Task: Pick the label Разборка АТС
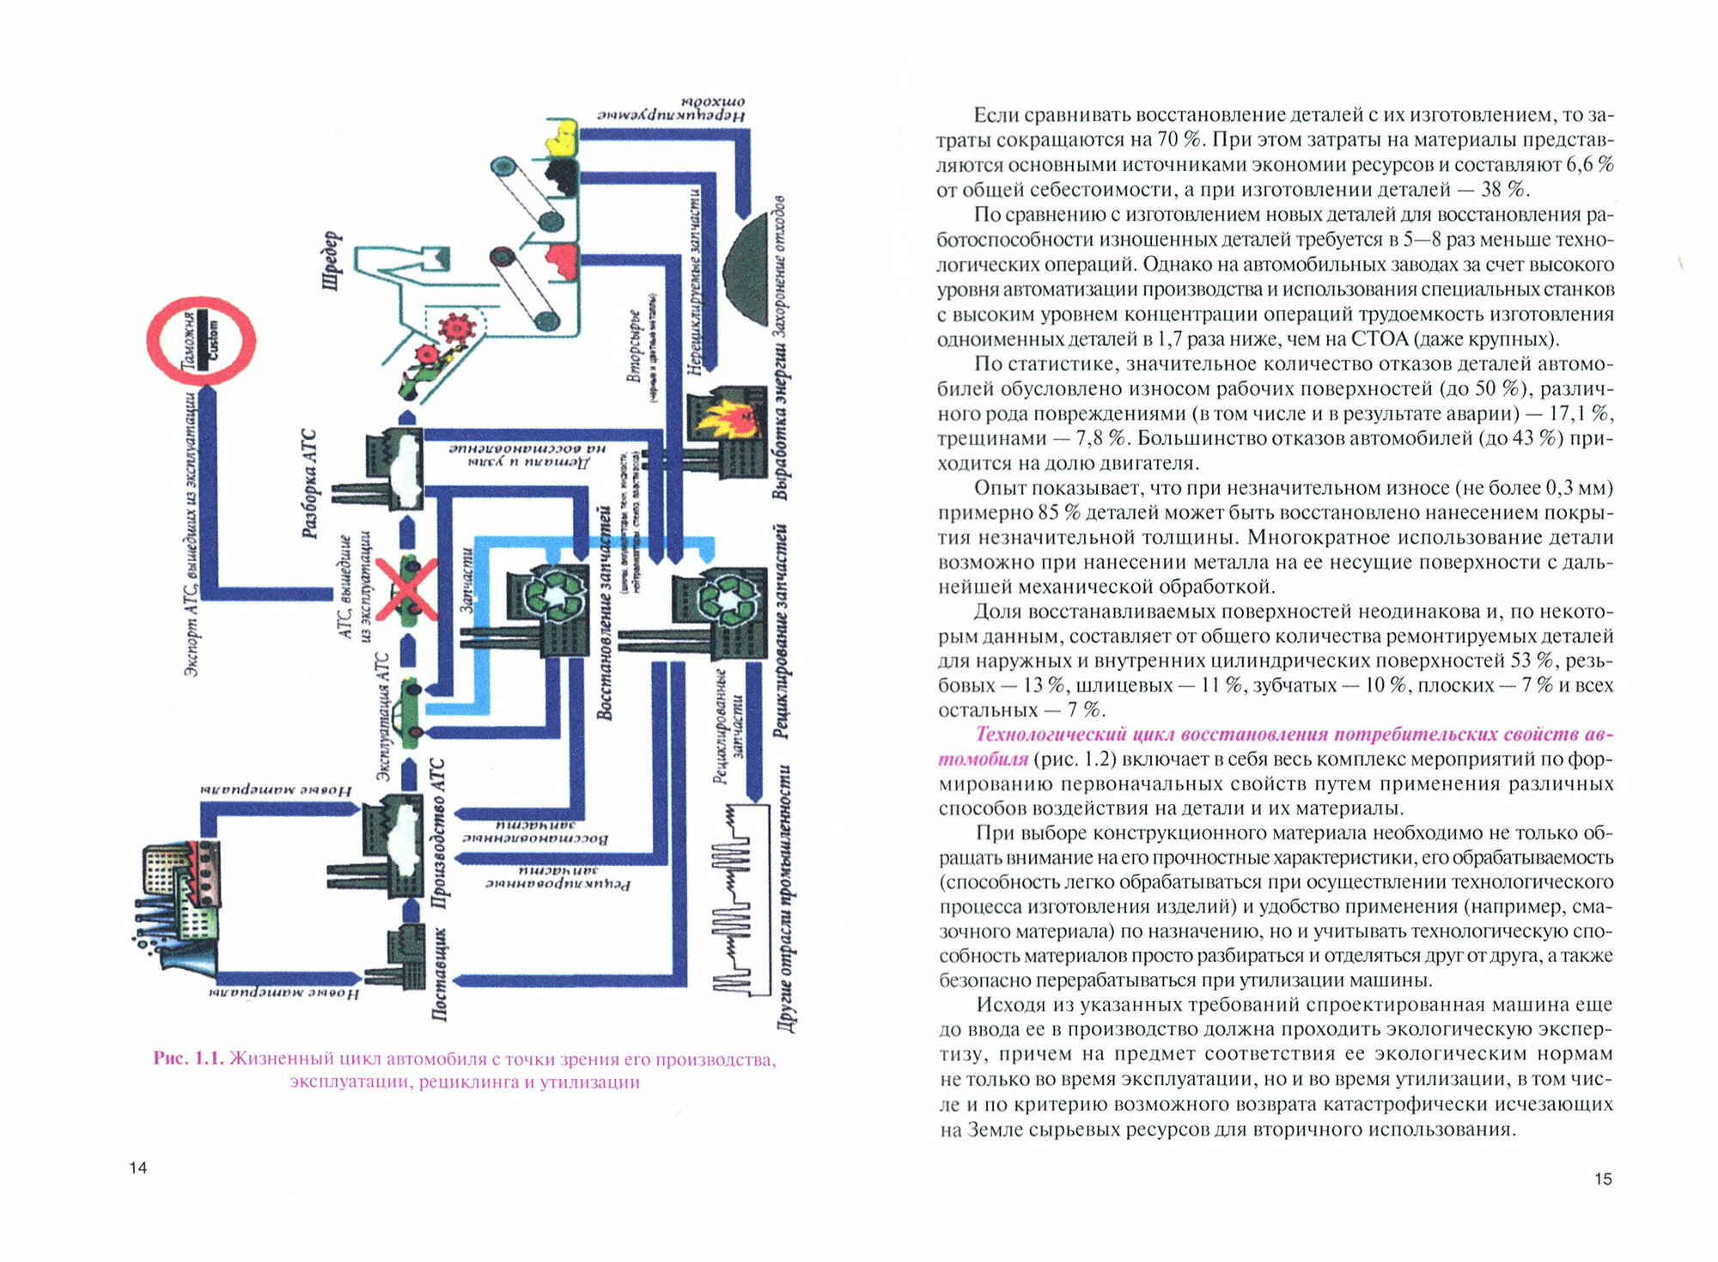(x=309, y=484)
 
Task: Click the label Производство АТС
(x=438, y=833)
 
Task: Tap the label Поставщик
(x=438, y=974)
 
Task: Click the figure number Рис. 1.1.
(x=188, y=1058)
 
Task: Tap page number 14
(x=138, y=1168)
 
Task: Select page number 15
(x=1603, y=1179)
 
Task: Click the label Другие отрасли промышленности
(x=784, y=899)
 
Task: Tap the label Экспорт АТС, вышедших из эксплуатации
(x=192, y=533)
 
